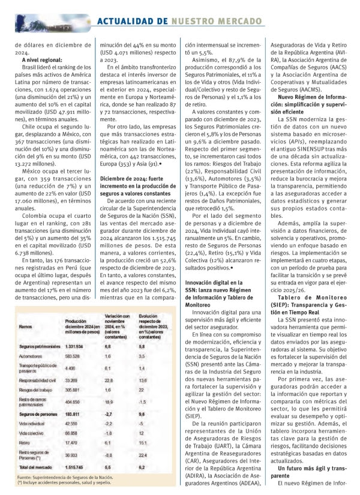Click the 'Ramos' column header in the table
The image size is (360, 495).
26,328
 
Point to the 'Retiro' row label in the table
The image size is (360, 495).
26,442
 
